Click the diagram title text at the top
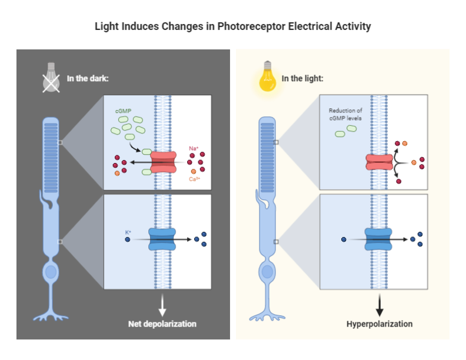[233, 26]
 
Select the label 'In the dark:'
[88, 79]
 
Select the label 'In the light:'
[302, 78]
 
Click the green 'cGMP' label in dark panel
[123, 111]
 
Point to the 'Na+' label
[194, 149]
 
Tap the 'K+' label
[128, 232]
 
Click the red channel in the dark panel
[163, 161]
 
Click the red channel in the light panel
[380, 161]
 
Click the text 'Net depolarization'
[162, 324]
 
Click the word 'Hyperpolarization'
[380, 324]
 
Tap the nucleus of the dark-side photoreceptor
[52, 272]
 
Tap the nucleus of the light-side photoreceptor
[268, 272]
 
